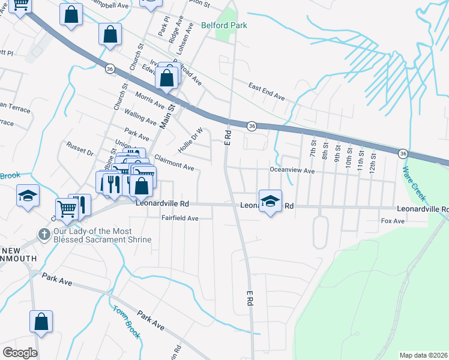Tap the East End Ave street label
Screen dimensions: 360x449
click(267, 91)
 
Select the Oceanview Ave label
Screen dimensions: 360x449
click(292, 170)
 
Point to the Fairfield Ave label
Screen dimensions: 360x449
click(179, 218)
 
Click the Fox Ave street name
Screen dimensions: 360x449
click(393, 221)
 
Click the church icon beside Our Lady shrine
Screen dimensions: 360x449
click(43, 235)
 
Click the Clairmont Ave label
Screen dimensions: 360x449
click(174, 163)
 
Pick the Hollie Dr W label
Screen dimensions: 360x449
click(190, 140)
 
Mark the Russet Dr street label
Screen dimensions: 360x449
click(80, 149)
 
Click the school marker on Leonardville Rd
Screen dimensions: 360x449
click(271, 201)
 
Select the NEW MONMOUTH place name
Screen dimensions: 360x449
click(18, 254)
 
